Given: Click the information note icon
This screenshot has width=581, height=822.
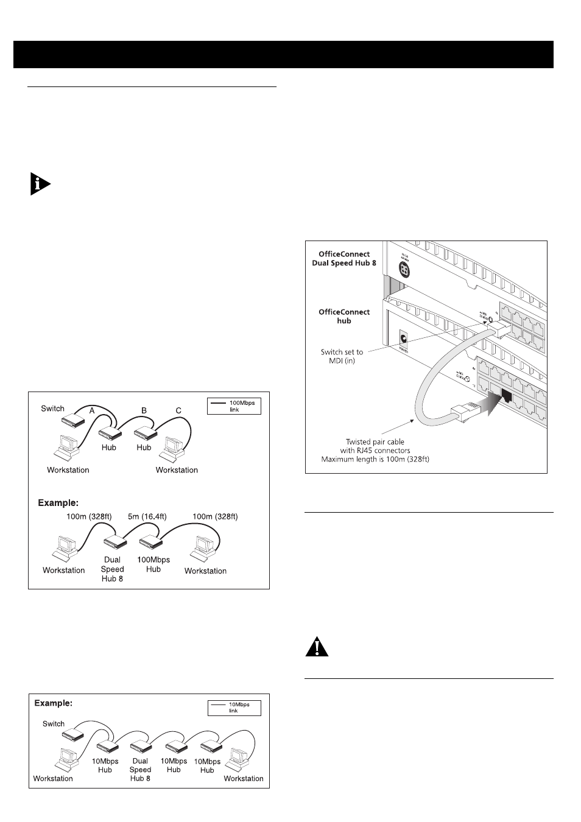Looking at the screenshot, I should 40,184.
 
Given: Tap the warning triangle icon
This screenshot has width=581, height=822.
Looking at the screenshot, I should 317,647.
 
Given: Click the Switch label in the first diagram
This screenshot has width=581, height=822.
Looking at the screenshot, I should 52,409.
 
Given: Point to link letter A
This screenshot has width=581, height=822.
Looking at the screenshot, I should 92,410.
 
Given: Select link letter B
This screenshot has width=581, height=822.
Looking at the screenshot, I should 144,410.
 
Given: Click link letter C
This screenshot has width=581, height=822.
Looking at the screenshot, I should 178,410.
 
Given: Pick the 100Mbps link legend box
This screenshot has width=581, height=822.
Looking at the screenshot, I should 234,406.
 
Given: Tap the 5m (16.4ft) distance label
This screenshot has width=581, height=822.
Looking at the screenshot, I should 146,516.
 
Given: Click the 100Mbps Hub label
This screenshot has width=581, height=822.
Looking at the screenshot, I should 153,564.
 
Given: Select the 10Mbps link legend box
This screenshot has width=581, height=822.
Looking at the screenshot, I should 234,708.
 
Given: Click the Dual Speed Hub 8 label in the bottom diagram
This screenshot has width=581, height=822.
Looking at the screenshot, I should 140,770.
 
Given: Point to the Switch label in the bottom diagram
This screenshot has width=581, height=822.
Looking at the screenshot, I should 54,724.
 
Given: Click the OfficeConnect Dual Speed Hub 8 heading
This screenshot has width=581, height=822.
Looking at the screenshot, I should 345,259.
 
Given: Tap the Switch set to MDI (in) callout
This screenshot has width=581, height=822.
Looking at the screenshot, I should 342,356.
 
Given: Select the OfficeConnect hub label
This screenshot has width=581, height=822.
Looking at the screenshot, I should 344,316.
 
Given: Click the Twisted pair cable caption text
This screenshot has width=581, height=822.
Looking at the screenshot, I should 375,450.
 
